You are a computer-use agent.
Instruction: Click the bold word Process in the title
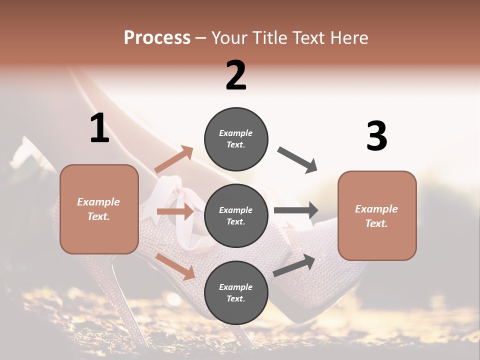pos(157,38)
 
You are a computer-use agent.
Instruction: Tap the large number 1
pos(99,128)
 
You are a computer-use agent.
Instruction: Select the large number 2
pos(236,75)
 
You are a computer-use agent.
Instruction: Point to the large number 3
pos(376,136)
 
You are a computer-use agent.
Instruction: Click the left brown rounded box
pos(99,209)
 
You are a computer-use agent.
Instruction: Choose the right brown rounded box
pos(377,215)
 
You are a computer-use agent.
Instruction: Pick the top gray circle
pos(236,139)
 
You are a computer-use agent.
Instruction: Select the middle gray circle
pos(236,215)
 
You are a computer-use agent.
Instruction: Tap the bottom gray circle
pos(236,292)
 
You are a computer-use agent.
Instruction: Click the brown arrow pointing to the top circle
pos(174,159)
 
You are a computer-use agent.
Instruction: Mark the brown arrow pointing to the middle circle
pos(175,211)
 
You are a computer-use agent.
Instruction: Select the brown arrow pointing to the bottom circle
pos(175,266)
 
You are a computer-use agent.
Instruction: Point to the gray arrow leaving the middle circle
pos(296,210)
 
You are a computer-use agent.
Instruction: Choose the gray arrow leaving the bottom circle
pos(294,265)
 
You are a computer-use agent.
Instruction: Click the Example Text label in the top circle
pos(236,139)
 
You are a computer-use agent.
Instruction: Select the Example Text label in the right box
pos(376,216)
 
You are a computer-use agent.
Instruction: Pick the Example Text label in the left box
pos(98,209)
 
